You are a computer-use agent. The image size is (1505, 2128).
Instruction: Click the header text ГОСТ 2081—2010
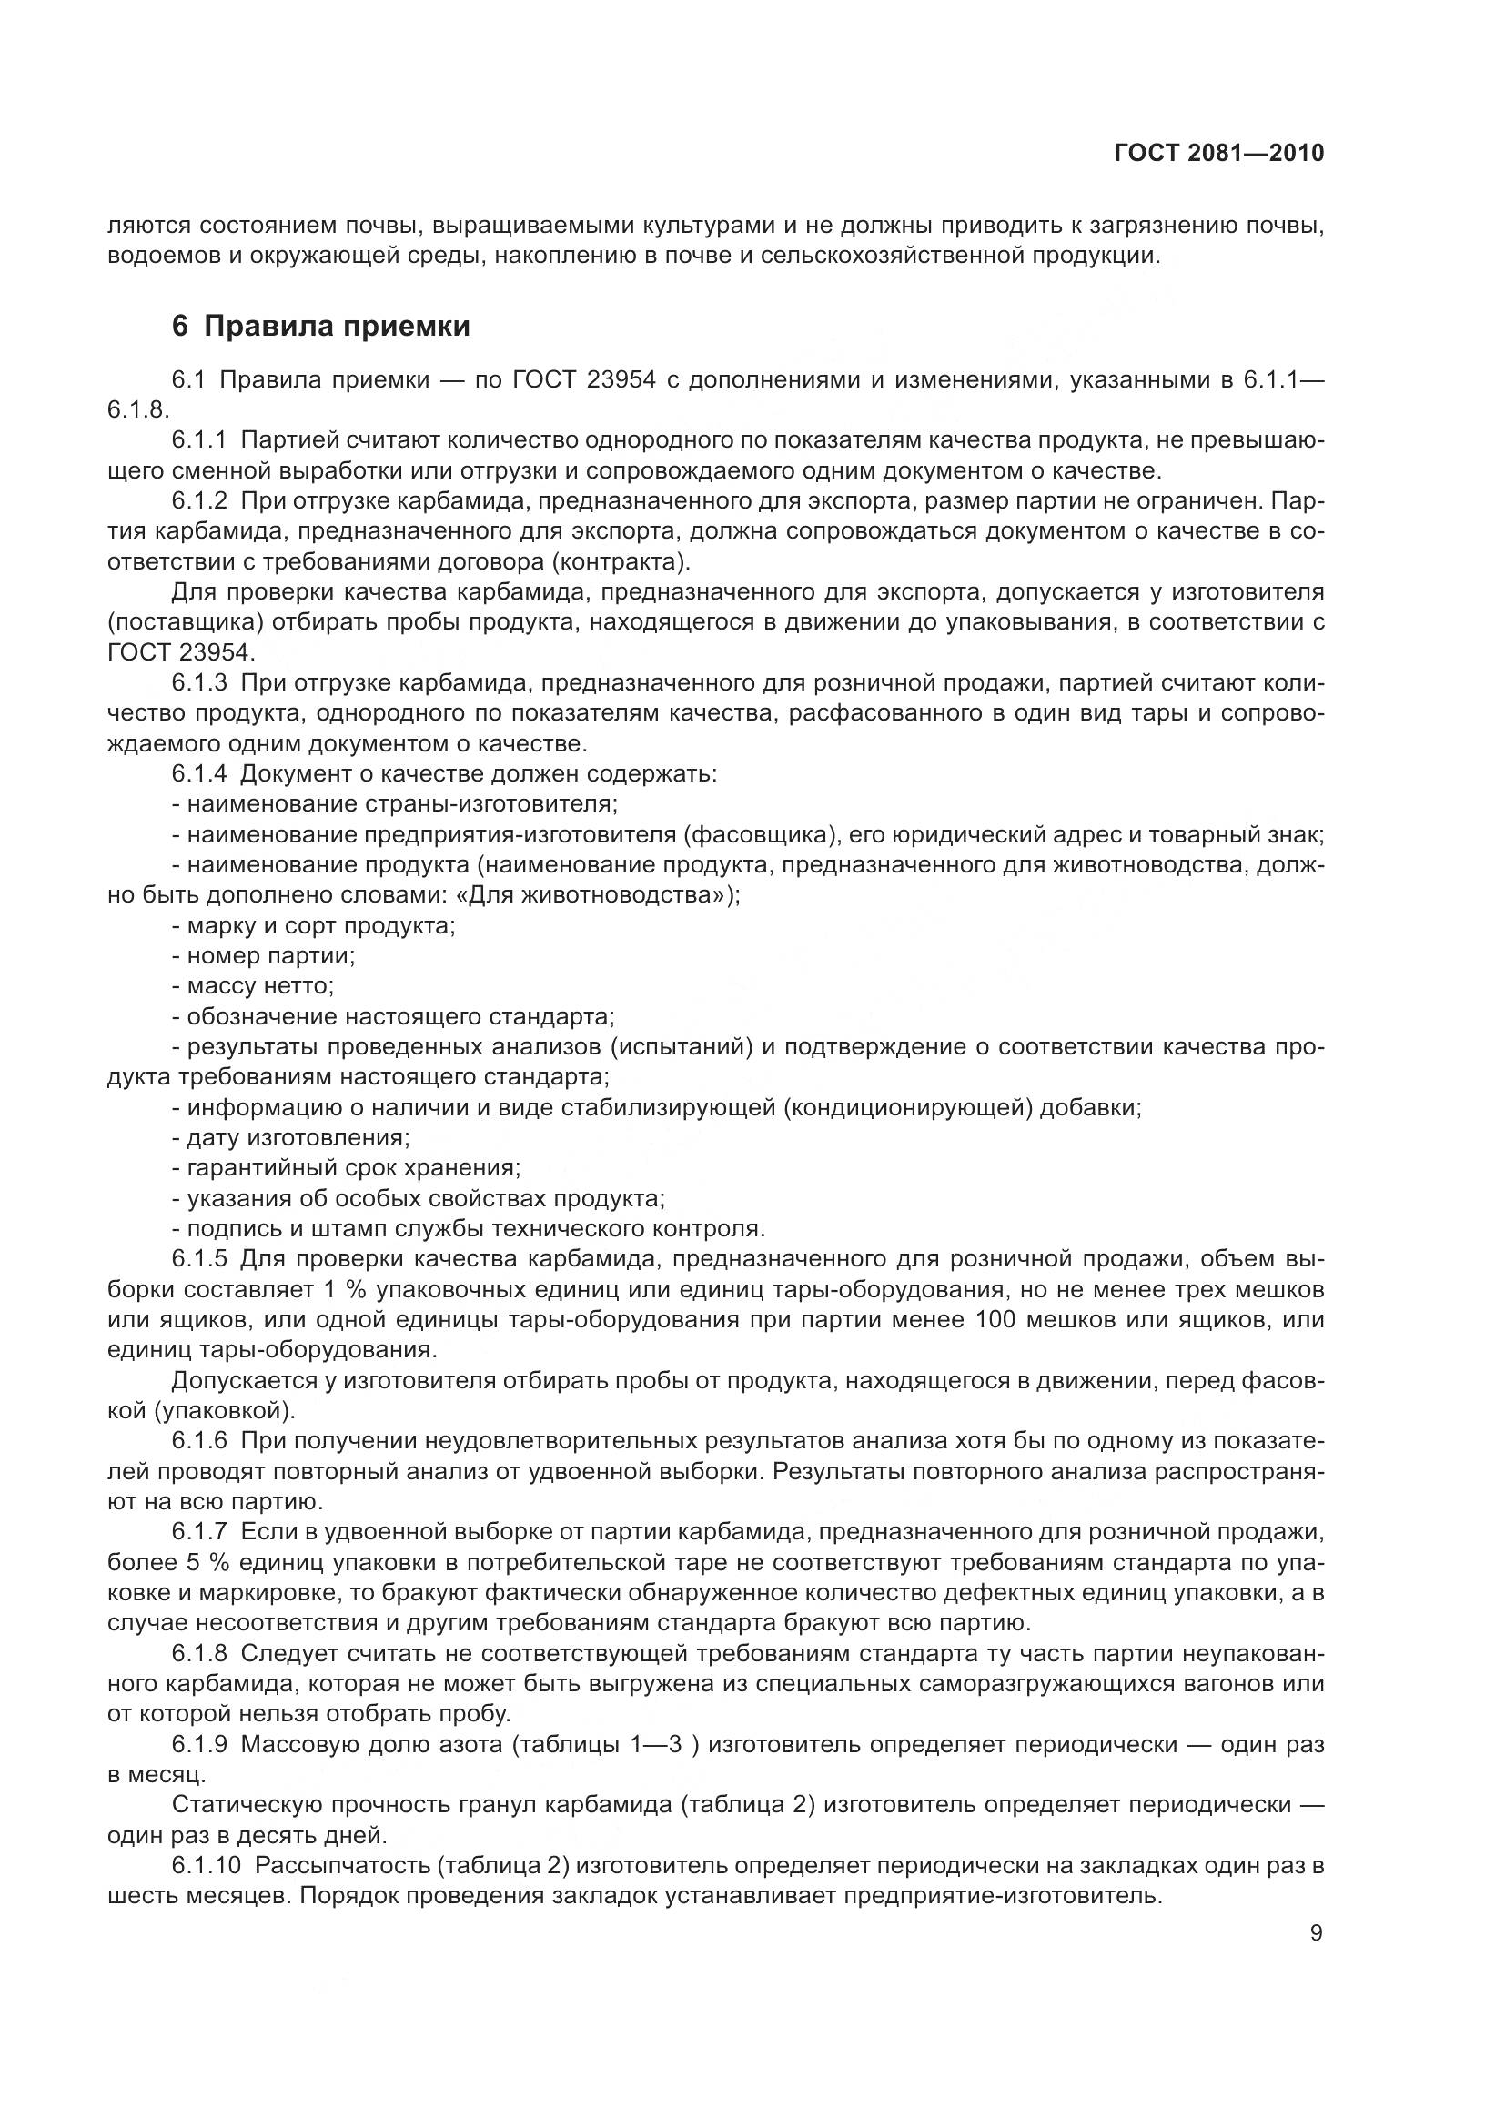click(x=1218, y=153)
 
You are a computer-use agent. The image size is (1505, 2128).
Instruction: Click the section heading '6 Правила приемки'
click(x=320, y=327)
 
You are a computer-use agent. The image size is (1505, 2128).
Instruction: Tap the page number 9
click(x=1316, y=1933)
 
